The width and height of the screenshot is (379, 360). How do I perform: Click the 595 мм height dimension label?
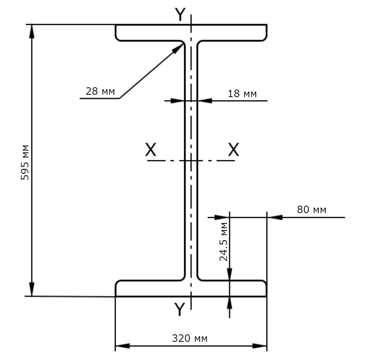tap(25, 162)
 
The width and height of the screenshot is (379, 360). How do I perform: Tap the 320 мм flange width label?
tap(190, 338)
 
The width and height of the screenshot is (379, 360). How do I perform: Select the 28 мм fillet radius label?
tap(100, 91)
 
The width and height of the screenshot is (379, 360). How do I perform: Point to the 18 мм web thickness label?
tap(242, 94)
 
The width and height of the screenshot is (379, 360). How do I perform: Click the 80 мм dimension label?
tap(311, 210)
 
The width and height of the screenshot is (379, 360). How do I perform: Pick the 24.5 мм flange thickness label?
tap(223, 242)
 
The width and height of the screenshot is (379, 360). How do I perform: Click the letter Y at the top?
tap(180, 14)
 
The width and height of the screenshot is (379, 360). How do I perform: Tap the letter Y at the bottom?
tap(180, 309)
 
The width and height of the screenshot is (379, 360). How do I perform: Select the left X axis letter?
tap(150, 149)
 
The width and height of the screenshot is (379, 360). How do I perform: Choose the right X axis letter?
tap(233, 149)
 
